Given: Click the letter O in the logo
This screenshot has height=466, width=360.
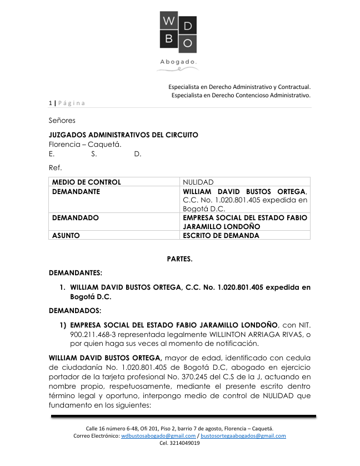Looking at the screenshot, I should [x=188, y=43].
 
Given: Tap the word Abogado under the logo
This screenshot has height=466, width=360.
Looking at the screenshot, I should [x=178, y=62].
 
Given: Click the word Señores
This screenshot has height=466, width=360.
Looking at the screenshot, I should [x=62, y=120].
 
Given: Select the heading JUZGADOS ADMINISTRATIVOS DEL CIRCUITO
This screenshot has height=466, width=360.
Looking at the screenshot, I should [x=123, y=135].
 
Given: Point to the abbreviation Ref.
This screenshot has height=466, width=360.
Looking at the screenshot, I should [x=55, y=167].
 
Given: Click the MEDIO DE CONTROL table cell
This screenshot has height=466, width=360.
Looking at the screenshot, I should [x=86, y=182].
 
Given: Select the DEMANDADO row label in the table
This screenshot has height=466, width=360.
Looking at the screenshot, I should [x=76, y=218].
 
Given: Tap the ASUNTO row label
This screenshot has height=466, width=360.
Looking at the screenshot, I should [x=66, y=235].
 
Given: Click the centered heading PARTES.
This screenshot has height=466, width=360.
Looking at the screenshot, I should [x=180, y=259].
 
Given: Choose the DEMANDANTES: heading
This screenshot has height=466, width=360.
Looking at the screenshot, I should [x=76, y=273].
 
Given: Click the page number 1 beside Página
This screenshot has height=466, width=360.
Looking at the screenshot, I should [x=50, y=103].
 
